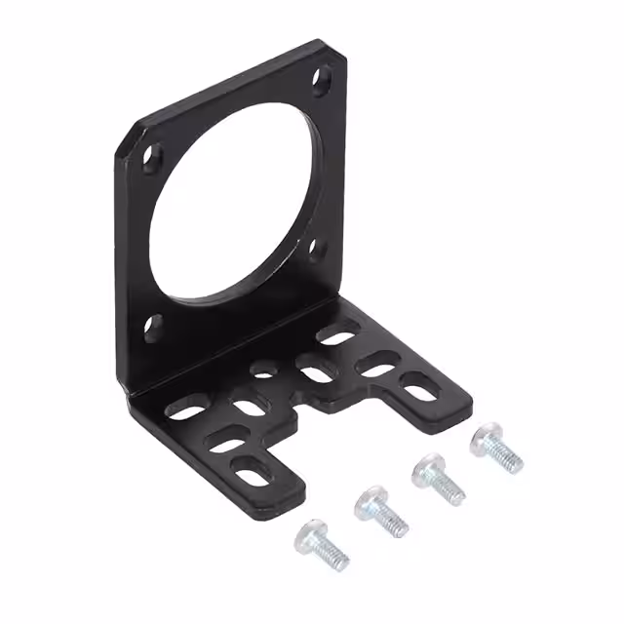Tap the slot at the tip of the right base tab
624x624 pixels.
[x=420, y=393]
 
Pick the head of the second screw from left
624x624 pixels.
[x=370, y=503]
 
